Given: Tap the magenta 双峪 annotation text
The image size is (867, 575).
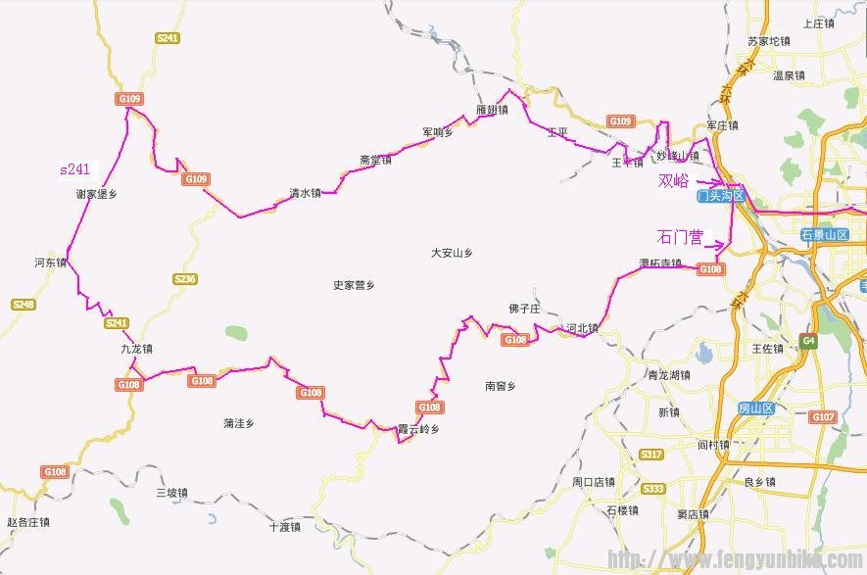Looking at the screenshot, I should [x=673, y=181].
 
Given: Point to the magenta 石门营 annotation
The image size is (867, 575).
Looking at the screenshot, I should [x=681, y=237].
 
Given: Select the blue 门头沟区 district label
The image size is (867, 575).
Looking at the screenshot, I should [x=720, y=197].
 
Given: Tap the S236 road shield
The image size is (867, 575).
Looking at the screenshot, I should [x=184, y=279].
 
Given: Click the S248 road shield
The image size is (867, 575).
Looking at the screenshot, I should [x=23, y=305].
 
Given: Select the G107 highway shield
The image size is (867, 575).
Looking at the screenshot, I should [x=822, y=416].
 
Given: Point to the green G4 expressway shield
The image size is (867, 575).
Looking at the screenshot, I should [x=808, y=341].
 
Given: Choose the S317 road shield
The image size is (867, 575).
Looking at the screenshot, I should [x=650, y=455].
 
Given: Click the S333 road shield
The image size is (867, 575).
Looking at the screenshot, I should [x=652, y=488].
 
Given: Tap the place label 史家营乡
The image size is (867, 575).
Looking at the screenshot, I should [x=354, y=285].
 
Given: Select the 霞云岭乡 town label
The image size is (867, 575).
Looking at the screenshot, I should [x=418, y=429].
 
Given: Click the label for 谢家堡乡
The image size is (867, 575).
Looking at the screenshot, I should [x=96, y=194].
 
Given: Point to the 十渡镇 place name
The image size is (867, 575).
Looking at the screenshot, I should [x=285, y=527].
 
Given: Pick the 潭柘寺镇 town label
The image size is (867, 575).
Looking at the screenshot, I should [x=660, y=263].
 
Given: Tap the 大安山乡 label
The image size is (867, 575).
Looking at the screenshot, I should [x=452, y=253].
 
